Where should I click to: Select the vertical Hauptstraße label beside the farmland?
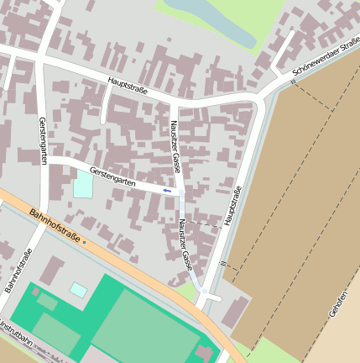[x=232, y=207]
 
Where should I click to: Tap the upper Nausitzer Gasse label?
[x=176, y=151]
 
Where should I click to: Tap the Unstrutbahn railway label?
[x=15, y=330]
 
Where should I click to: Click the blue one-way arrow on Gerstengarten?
[x=167, y=191]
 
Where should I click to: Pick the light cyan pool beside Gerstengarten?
[x=83, y=184]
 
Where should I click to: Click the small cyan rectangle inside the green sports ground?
[x=78, y=290]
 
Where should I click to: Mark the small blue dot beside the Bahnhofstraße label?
[x=85, y=241]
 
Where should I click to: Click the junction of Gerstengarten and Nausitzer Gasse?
[x=180, y=192]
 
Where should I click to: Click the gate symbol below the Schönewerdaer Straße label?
[x=294, y=82]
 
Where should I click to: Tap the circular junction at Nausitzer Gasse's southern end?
[x=203, y=292]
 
